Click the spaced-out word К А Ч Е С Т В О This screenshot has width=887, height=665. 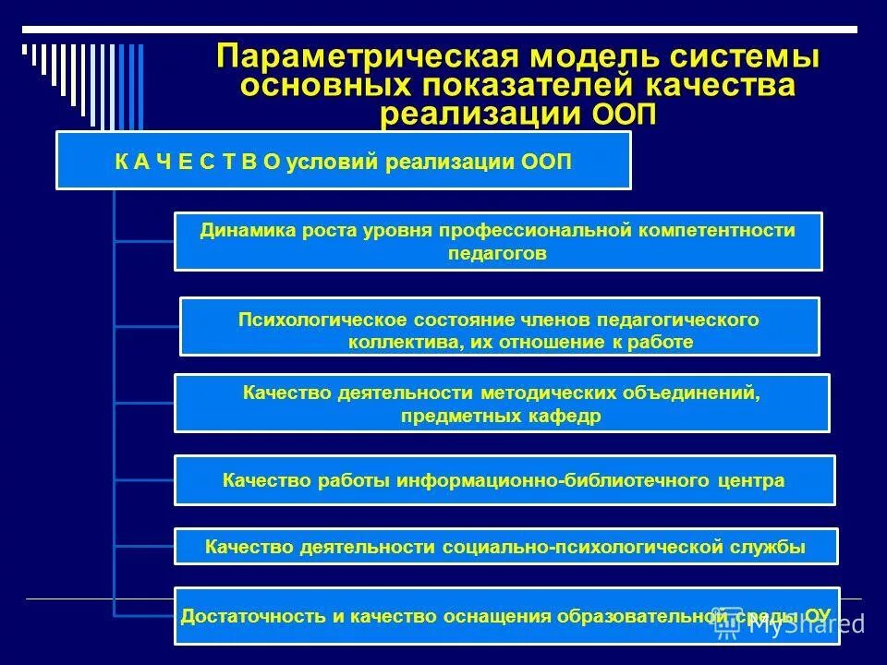[x=198, y=162]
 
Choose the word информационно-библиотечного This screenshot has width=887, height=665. [x=555, y=480]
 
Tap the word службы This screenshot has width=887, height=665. [x=772, y=547]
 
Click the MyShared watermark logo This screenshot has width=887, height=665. [x=790, y=624]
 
